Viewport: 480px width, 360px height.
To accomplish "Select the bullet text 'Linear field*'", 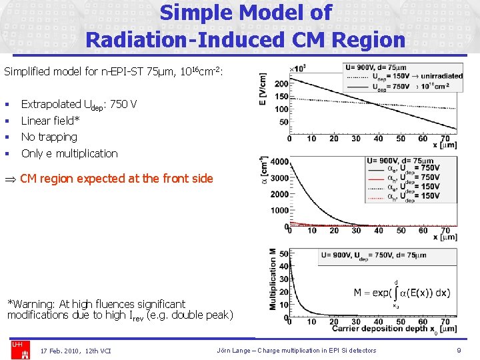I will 50,121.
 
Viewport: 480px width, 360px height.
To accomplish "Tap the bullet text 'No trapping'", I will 49,137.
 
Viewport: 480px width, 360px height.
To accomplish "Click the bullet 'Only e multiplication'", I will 69,153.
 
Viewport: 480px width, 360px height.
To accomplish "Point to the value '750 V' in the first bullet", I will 123,104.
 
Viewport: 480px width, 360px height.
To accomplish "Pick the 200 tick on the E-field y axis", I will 281,84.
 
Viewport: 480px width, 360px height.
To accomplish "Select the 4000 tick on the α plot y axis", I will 280,162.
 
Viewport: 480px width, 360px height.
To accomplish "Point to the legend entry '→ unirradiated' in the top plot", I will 435,76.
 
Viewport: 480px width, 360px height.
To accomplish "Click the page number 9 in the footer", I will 459,351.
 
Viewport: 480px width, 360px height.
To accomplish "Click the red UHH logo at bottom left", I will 17,345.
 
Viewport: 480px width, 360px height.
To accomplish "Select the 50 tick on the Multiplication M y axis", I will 284,254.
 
